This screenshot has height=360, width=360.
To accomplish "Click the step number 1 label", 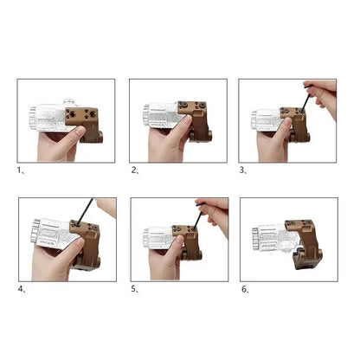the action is click(21, 170).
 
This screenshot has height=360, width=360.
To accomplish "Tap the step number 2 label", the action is click(135, 170).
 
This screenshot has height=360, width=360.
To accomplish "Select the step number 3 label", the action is click(243, 170).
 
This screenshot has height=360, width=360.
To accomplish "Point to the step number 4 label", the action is click(22, 289).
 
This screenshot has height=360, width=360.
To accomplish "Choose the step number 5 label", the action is click(135, 289).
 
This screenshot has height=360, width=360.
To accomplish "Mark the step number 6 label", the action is click(246, 289).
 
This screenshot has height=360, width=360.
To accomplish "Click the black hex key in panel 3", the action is click(305, 98).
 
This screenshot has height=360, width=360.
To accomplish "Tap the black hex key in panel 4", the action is click(85, 211).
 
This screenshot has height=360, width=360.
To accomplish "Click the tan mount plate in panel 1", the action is click(81, 116).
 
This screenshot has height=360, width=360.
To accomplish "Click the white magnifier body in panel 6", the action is click(276, 238).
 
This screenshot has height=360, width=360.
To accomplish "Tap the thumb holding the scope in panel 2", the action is click(181, 127).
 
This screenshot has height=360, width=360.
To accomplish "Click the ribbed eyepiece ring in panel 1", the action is click(33, 119).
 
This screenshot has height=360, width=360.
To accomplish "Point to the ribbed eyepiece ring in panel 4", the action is click(36, 231).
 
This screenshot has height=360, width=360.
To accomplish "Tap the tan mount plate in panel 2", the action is click(192, 108).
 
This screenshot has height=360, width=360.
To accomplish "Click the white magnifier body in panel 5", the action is click(163, 237).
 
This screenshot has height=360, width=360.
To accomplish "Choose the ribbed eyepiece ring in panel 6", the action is click(255, 239).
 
